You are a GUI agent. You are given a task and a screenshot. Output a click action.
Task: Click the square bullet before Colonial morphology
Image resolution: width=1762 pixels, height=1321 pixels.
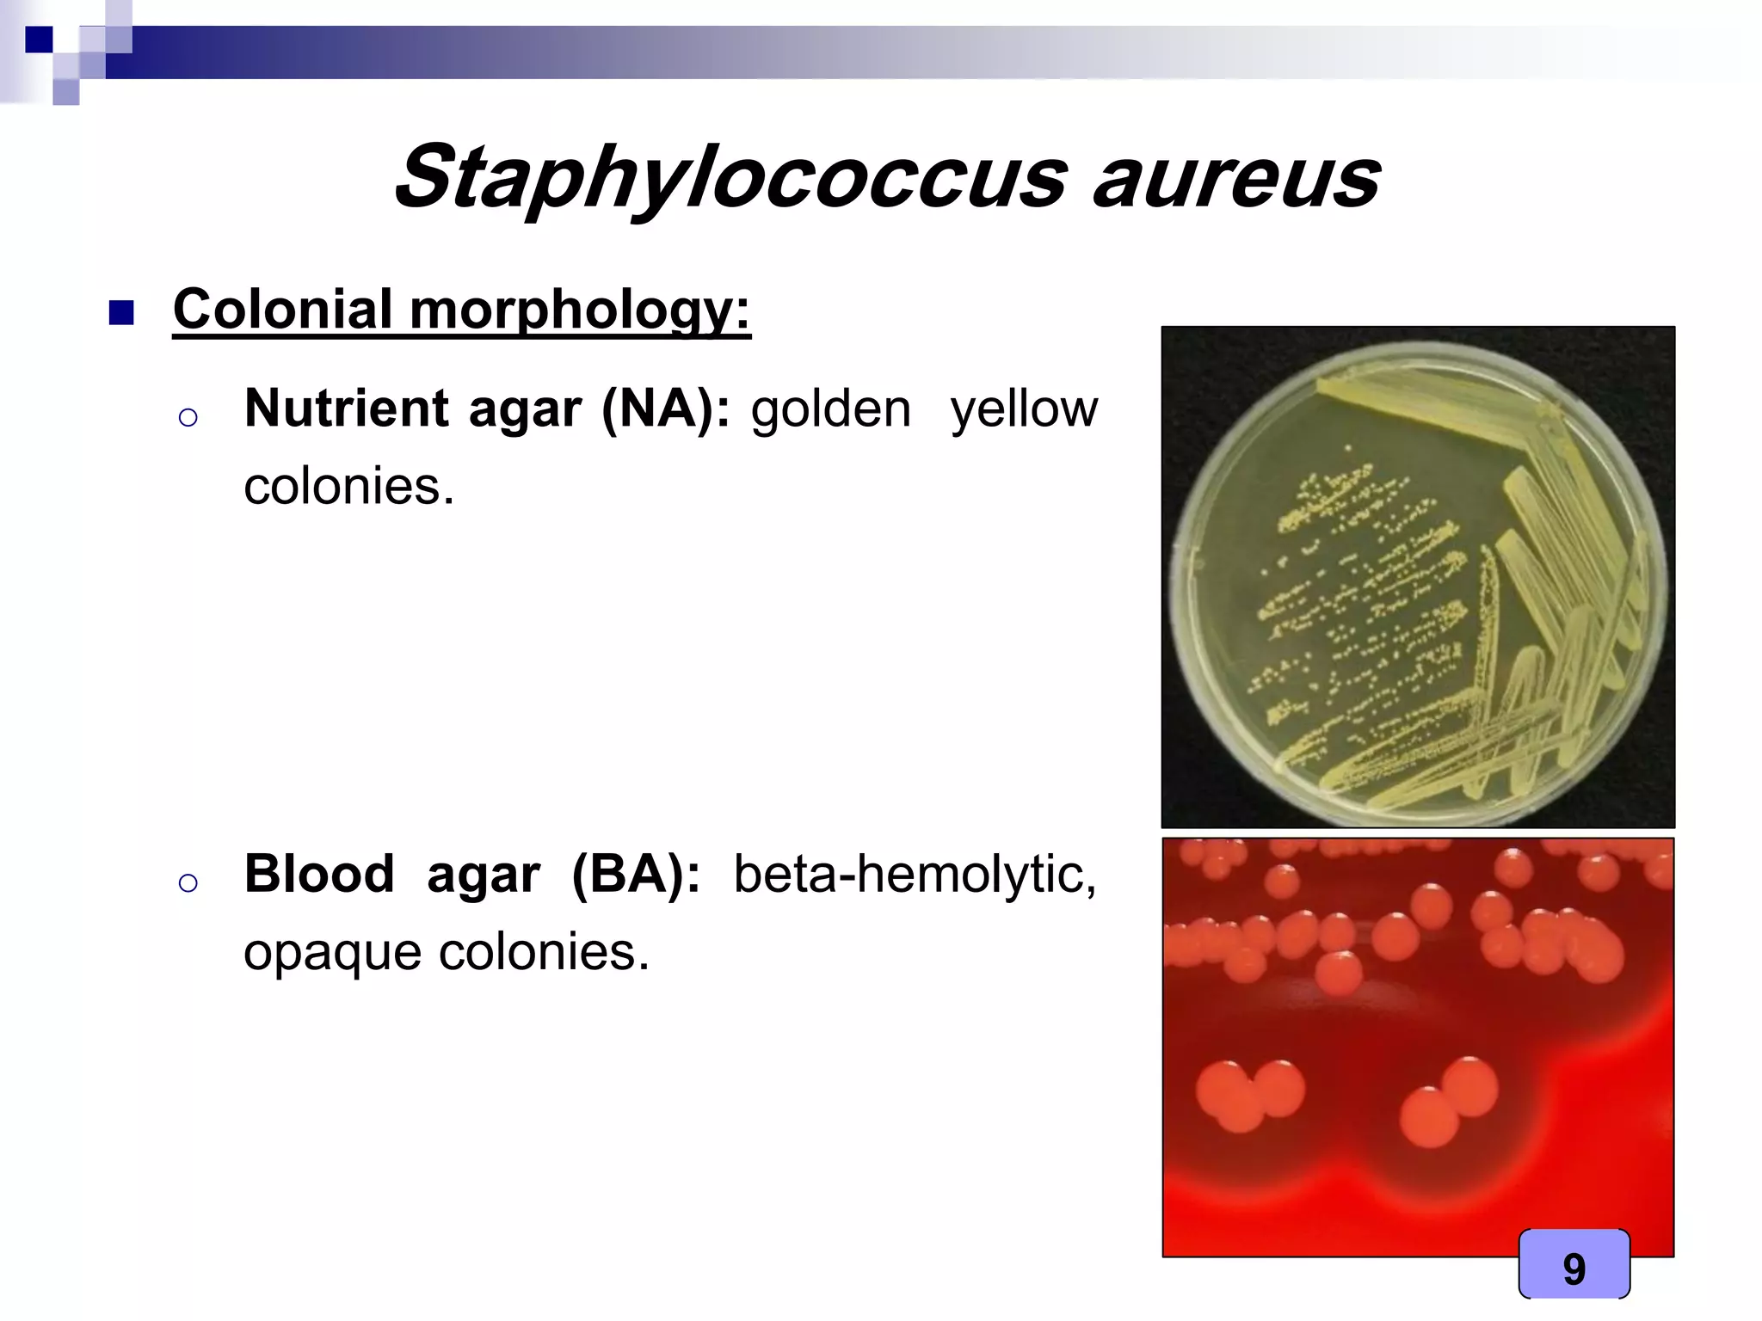[x=121, y=313]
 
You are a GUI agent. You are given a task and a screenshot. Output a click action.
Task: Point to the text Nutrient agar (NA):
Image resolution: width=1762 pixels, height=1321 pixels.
[x=486, y=409]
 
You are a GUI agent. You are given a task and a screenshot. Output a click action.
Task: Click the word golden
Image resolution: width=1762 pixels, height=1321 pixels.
[x=830, y=409]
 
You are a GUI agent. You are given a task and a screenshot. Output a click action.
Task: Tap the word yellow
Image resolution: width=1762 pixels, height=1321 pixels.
[x=1024, y=409]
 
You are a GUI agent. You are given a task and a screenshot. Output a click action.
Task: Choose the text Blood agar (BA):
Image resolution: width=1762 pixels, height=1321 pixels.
[x=471, y=875]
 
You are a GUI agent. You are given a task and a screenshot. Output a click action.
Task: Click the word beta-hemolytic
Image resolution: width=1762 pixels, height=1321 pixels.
[x=914, y=875]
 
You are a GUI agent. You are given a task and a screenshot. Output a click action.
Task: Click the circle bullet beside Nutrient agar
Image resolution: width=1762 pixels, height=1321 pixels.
[x=188, y=418]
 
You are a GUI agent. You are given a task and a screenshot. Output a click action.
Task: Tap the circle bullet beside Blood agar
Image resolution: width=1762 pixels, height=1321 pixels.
[x=188, y=883]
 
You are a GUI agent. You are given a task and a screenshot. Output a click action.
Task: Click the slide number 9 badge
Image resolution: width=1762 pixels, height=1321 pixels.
[x=1574, y=1268]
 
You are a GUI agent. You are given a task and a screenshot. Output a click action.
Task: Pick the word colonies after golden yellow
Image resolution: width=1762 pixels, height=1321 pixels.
[x=348, y=487]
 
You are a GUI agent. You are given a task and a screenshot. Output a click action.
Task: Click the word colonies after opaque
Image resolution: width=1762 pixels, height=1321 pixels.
[x=544, y=953]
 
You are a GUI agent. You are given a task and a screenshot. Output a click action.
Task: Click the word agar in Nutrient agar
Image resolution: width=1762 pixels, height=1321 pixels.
[x=525, y=409]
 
